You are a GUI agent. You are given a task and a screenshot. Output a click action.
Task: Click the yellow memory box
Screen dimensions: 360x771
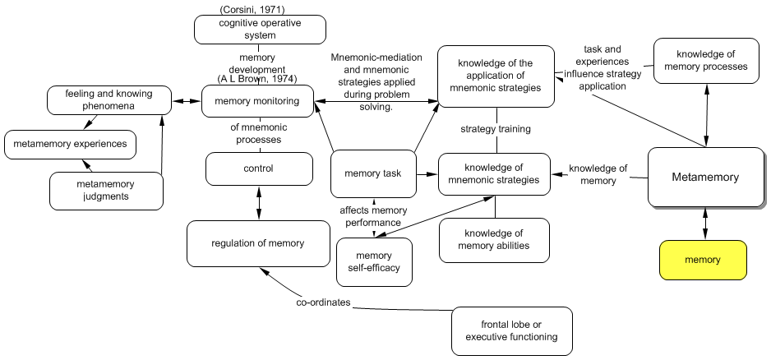pyautogui.click(x=703, y=260)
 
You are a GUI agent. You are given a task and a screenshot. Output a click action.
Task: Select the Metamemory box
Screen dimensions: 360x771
pyautogui.click(x=705, y=177)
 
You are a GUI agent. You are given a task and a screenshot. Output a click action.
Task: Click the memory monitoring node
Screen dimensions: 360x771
pyautogui.click(x=256, y=101)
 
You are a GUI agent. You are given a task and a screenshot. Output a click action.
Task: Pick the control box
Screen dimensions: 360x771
pyautogui.click(x=259, y=168)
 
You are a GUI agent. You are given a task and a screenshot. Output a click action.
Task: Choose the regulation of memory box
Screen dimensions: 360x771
pyautogui.click(x=257, y=242)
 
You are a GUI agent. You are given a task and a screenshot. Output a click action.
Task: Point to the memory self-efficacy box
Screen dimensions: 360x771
pyautogui.click(x=374, y=261)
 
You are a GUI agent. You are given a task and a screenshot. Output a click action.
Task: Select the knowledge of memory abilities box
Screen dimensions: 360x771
pyautogui.click(x=493, y=239)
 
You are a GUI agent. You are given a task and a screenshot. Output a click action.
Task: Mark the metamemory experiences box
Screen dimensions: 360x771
pyautogui.click(x=70, y=145)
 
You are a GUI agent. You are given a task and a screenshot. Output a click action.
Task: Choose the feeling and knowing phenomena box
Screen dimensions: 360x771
pyautogui.click(x=108, y=101)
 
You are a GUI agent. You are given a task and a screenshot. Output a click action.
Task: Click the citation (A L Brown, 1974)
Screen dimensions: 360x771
pyautogui.click(x=256, y=79)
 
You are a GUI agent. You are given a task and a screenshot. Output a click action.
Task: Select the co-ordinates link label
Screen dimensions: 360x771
pyautogui.click(x=324, y=302)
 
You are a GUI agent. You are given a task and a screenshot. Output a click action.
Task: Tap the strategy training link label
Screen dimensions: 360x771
pyautogui.click(x=495, y=129)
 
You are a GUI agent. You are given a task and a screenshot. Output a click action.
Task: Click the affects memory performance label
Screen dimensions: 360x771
pyautogui.click(x=374, y=216)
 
